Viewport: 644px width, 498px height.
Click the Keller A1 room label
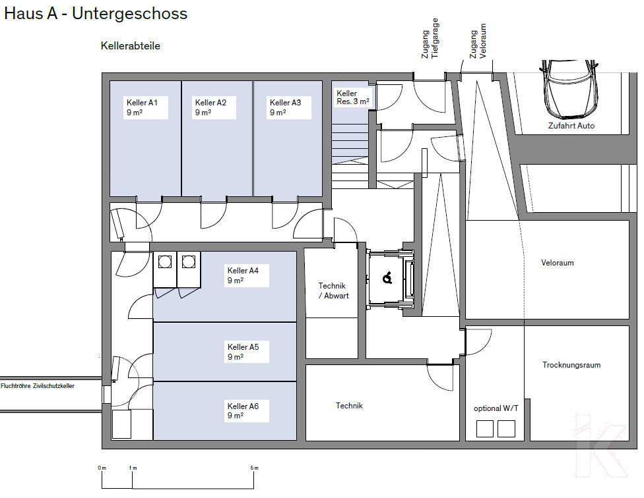pos(142,107)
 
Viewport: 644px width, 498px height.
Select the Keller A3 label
pos(285,107)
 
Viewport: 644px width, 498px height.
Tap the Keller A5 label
pos(243,352)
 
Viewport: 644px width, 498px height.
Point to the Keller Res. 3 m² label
pos(353,97)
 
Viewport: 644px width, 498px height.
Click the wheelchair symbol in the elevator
pos(387,278)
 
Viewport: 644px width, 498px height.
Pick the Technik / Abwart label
pos(333,290)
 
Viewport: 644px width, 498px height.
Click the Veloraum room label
pos(558,263)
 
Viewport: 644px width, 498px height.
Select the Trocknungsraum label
pos(571,365)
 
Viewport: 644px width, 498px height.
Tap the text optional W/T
pos(496,408)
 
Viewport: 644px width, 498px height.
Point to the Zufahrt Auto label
pos(571,126)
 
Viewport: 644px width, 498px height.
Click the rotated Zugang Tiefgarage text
pos(430,38)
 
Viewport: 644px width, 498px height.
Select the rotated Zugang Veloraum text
pos(478,41)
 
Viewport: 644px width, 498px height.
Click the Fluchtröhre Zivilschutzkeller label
pos(38,386)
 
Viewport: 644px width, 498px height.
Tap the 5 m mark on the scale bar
pos(254,468)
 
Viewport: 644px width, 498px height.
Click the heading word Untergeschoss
pos(130,14)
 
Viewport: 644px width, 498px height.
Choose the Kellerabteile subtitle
pos(130,46)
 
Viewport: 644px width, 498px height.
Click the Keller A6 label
pos(243,410)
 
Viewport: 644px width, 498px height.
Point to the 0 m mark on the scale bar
pos(102,468)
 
